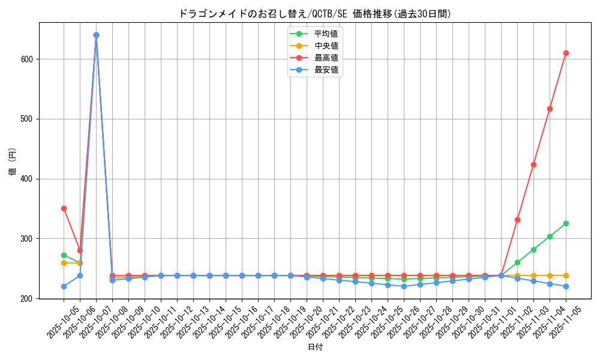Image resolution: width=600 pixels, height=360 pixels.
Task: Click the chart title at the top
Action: [315, 13]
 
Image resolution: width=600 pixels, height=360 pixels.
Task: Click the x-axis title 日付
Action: [315, 347]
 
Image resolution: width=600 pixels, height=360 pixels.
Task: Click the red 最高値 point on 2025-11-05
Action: [566, 53]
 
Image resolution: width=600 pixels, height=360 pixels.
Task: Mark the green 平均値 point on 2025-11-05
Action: [566, 223]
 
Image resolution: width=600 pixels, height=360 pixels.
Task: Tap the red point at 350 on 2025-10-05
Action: [64, 208]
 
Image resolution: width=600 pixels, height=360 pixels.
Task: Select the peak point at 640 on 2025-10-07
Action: [96, 35]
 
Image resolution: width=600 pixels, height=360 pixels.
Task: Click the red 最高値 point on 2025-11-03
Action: [533, 164]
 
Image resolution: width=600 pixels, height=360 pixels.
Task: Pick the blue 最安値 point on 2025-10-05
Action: [64, 286]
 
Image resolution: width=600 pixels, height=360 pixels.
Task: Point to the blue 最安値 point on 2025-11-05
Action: [566, 286]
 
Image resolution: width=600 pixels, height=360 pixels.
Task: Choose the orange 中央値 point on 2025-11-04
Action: [550, 275]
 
